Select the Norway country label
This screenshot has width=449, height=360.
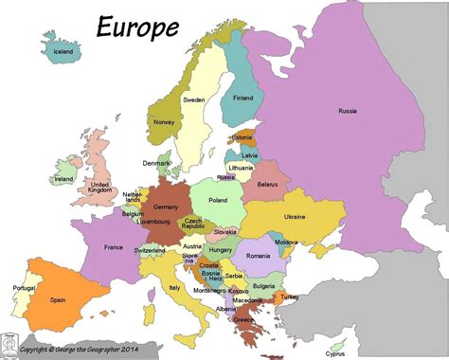(164, 121)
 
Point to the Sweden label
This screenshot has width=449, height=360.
(194, 99)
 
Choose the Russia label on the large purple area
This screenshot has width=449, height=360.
(348, 111)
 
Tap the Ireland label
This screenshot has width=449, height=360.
(64, 178)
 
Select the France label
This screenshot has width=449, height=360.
(113, 248)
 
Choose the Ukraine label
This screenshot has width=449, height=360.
(295, 216)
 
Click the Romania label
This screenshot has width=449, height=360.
(259, 257)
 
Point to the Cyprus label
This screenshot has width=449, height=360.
(335, 353)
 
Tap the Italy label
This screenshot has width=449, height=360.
(174, 287)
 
